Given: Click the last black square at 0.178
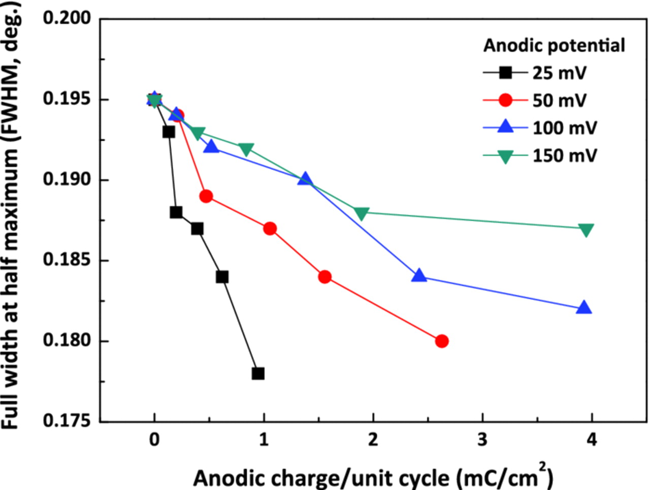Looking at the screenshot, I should (x=258, y=374).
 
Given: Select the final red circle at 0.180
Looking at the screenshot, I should (x=442, y=341).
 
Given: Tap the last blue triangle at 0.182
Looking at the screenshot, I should (x=584, y=308).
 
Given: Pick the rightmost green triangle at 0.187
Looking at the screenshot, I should (x=586, y=230).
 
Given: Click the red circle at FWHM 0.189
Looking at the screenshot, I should (x=206, y=197).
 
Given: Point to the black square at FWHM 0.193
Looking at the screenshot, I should (x=169, y=132).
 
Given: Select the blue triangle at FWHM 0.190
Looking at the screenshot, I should (x=305, y=179).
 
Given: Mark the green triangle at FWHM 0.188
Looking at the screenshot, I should (x=361, y=214).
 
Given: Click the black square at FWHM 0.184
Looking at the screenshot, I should (x=222, y=277).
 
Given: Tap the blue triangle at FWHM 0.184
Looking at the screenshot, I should (x=419, y=276).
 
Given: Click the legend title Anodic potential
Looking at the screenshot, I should (x=554, y=46).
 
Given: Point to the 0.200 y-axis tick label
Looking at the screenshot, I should (x=67, y=18).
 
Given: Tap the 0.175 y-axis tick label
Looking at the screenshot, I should (x=67, y=421).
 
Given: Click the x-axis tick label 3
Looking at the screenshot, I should (x=482, y=440).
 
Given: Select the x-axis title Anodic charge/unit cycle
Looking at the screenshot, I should (x=373, y=477).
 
